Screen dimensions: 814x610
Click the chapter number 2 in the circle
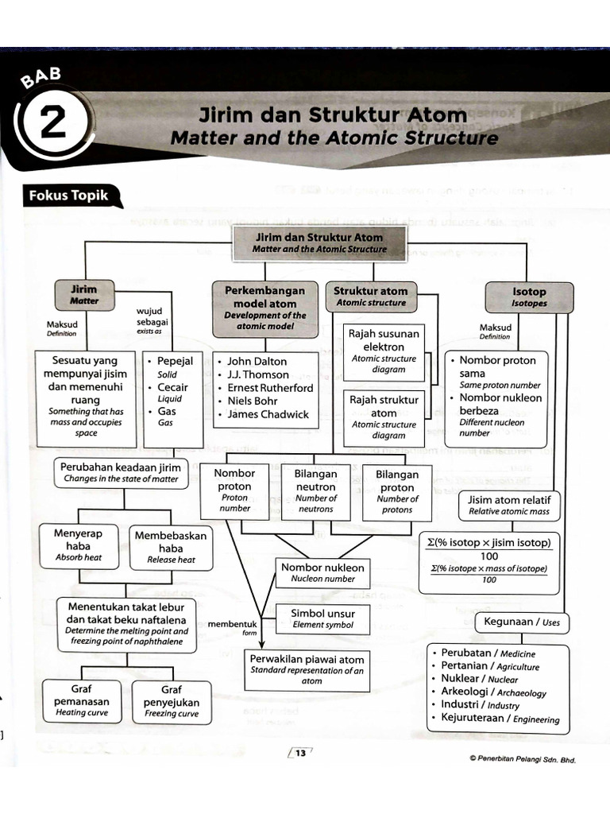[52, 126]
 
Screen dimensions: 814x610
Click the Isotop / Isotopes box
[528, 297]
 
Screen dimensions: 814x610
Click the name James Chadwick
[268, 414]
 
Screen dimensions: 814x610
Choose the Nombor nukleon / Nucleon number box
[322, 572]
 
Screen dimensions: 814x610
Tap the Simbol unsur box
[322, 618]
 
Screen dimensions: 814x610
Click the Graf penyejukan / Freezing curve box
[172, 702]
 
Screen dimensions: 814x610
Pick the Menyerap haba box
[79, 545]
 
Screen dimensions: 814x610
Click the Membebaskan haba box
[171, 547]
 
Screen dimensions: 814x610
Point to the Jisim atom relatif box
[509, 505]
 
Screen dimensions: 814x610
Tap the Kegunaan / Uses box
[522, 622]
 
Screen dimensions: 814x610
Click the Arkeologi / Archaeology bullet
[493, 692]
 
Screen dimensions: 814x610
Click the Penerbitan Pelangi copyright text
[521, 759]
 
